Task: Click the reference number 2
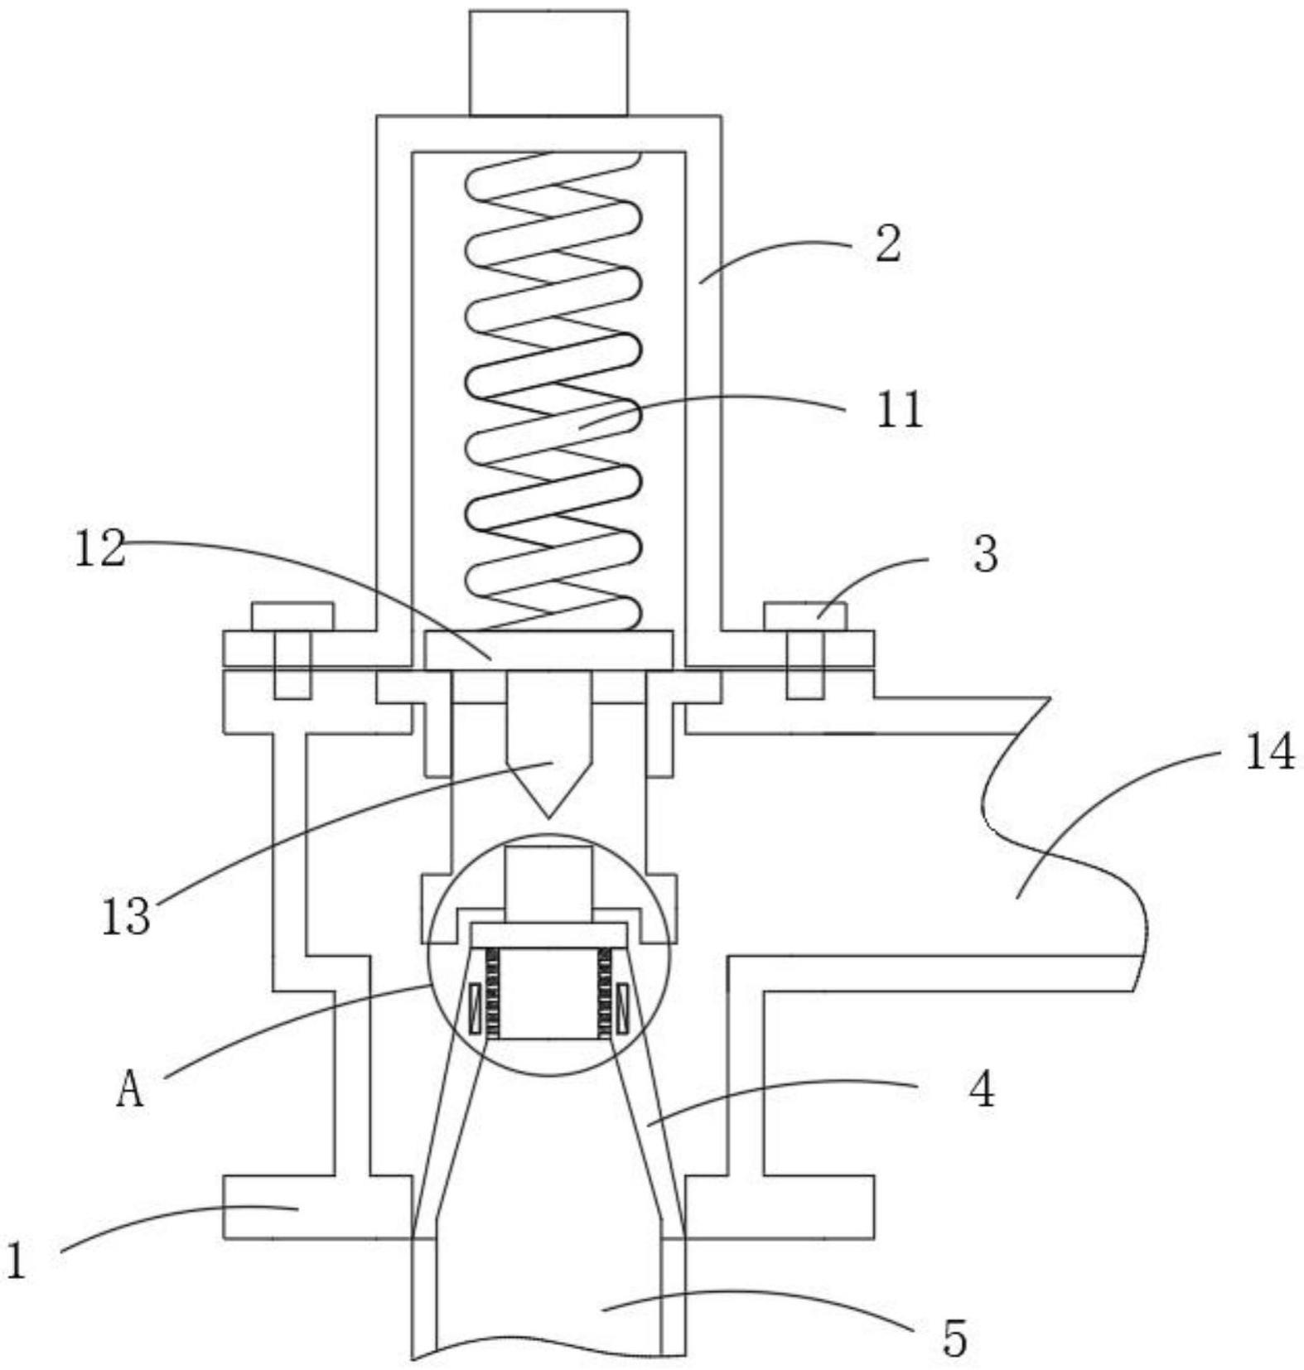[888, 245]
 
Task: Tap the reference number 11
[900, 409]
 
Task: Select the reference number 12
[100, 549]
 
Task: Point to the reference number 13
[127, 917]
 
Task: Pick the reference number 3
[985, 554]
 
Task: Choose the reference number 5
[954, 1339]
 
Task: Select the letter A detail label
[130, 1088]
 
